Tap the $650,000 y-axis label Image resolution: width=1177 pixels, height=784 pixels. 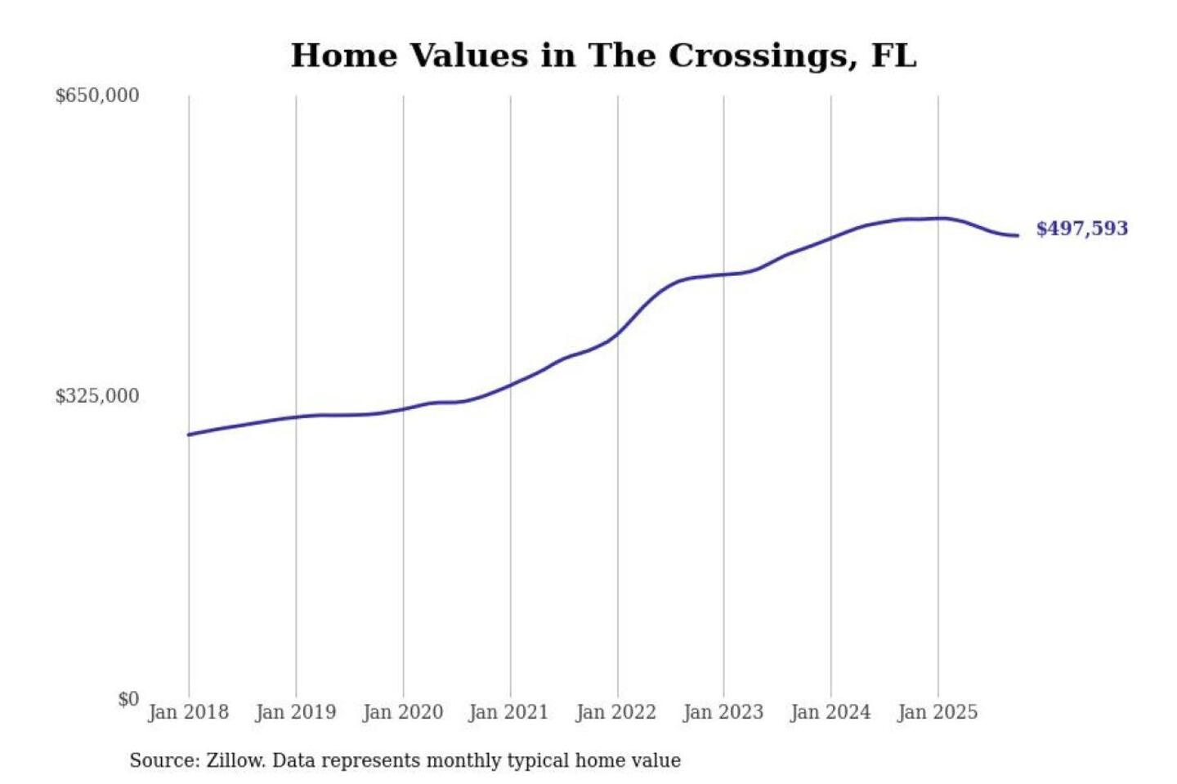[x=97, y=96]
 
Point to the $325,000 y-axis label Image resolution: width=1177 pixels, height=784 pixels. [x=97, y=396]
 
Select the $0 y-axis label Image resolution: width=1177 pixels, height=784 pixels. [x=128, y=699]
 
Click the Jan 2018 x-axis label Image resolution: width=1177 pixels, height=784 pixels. [x=188, y=712]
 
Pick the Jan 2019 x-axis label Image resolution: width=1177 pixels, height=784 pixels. [x=295, y=712]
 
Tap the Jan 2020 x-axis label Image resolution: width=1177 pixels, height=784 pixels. [x=402, y=712]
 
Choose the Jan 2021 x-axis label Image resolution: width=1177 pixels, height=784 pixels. [x=508, y=712]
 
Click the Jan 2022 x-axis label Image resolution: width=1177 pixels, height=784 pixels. [x=615, y=712]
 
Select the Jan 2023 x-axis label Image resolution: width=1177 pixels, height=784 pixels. [x=723, y=712]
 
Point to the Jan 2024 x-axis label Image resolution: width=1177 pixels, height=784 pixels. [x=830, y=712]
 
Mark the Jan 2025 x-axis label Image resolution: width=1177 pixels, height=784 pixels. [x=937, y=712]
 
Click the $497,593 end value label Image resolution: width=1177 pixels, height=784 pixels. [x=1081, y=229]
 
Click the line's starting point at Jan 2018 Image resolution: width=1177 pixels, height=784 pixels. [x=189, y=434]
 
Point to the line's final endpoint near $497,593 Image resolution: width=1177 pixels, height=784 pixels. [x=1018, y=235]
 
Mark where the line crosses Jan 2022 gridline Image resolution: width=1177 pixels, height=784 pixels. [x=618, y=332]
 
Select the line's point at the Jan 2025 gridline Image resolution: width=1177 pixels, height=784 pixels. [x=938, y=218]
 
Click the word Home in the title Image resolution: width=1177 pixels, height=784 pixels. [x=344, y=56]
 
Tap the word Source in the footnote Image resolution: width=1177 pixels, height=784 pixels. [x=163, y=760]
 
